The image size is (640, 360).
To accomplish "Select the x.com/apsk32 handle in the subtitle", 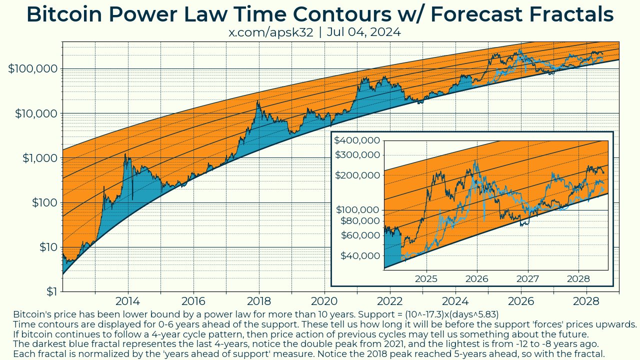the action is click(271, 32).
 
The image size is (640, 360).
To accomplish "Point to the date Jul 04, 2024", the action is click(363, 32).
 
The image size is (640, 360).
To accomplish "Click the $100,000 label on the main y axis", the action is click(33, 69).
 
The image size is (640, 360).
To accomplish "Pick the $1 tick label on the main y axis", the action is click(51, 291).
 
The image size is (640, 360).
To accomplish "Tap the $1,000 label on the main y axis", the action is click(40, 158).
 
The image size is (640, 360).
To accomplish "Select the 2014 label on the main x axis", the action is click(128, 301).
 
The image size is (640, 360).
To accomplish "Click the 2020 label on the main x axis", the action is click(324, 301).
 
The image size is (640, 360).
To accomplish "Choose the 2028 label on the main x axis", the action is click(586, 301).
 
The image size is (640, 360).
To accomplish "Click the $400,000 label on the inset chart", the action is click(357, 140).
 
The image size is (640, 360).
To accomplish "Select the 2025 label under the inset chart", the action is click(426, 278).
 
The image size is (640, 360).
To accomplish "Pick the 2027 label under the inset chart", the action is click(527, 278).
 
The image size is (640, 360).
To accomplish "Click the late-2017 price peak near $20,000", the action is click(258, 101).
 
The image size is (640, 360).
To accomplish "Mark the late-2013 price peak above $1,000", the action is click(125, 154).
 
